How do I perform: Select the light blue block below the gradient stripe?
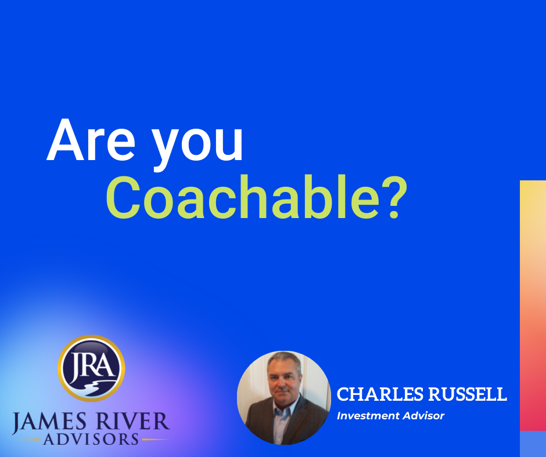533,444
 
